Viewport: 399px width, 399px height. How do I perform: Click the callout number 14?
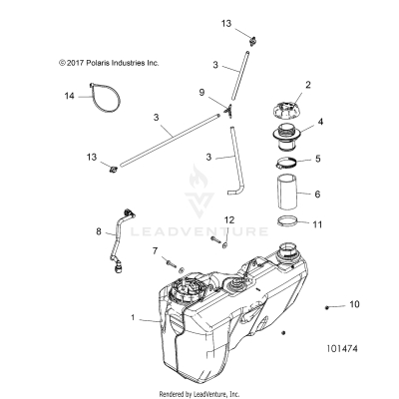(x=69, y=96)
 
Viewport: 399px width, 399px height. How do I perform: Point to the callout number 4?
(x=320, y=125)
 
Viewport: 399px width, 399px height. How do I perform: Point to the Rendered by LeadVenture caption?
(x=200, y=392)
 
